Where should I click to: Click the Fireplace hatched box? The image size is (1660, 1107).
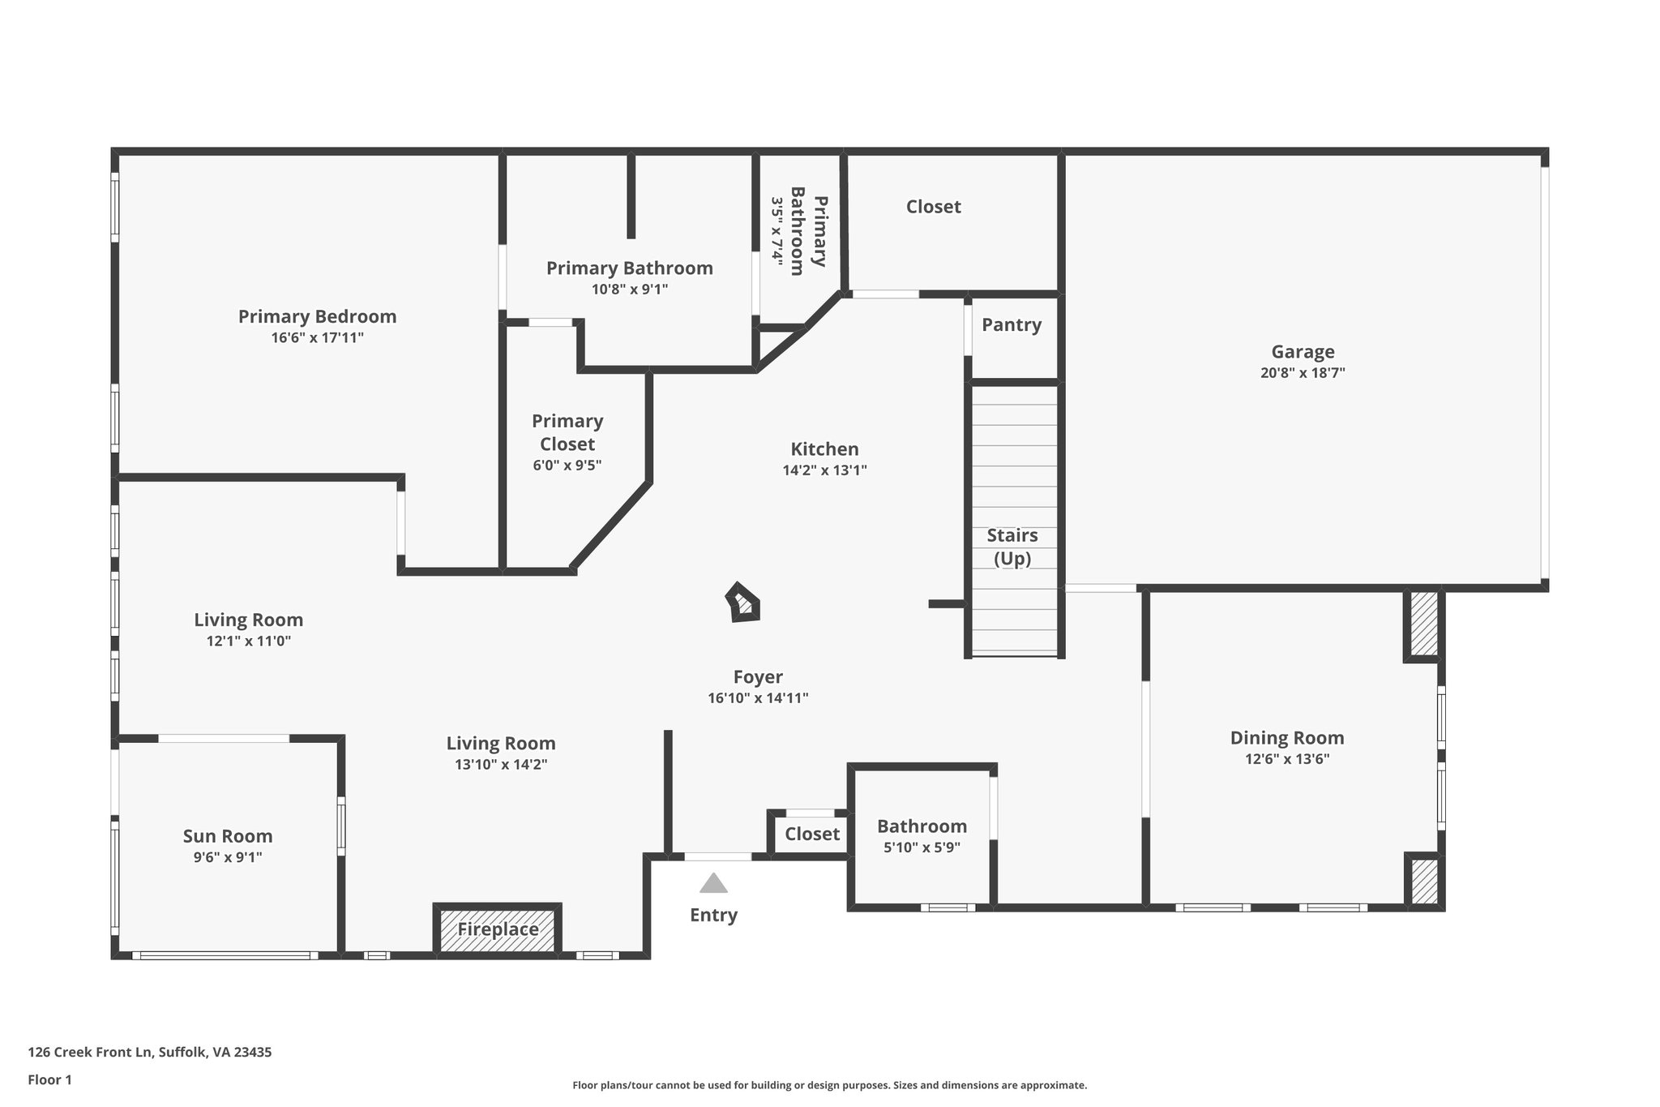(498, 929)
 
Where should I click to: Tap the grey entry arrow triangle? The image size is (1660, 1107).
(713, 883)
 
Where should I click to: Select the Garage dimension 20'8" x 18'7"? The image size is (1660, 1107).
(1303, 373)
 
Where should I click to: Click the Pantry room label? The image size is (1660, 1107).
(1012, 325)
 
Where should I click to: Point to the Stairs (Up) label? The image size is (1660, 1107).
(1012, 547)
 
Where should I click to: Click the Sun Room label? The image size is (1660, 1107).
(227, 836)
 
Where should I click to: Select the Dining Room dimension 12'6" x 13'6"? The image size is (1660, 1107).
(1287, 759)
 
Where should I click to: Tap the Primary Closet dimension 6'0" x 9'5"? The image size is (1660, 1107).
(567, 466)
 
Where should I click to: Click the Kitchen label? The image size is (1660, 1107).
(824, 449)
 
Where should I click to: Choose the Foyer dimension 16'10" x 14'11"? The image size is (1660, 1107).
(758, 698)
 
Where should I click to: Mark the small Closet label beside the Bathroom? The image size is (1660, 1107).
(812, 834)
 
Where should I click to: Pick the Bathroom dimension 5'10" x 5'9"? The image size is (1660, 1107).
(922, 847)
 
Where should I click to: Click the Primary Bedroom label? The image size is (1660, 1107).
(317, 316)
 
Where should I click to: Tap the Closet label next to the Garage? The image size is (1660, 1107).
(933, 207)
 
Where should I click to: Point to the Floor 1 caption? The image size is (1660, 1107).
(49, 1080)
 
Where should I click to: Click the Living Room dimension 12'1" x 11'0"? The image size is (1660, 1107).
(248, 641)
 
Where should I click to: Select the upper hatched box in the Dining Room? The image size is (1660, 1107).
(1423, 623)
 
